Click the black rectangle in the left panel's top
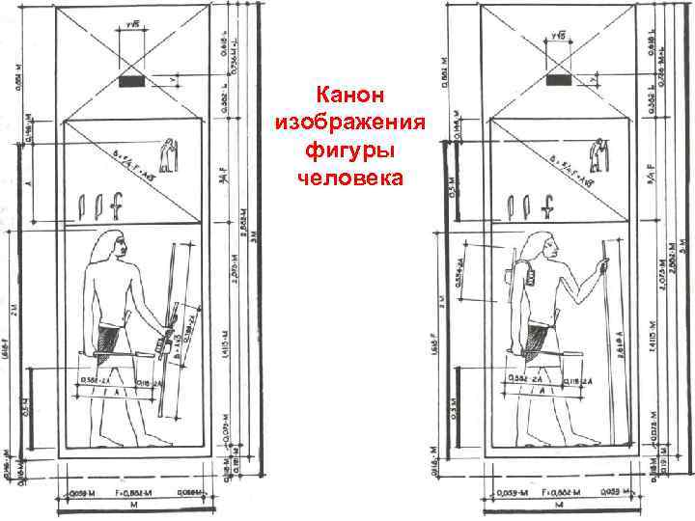click(128, 82)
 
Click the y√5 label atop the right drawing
click(557, 36)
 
